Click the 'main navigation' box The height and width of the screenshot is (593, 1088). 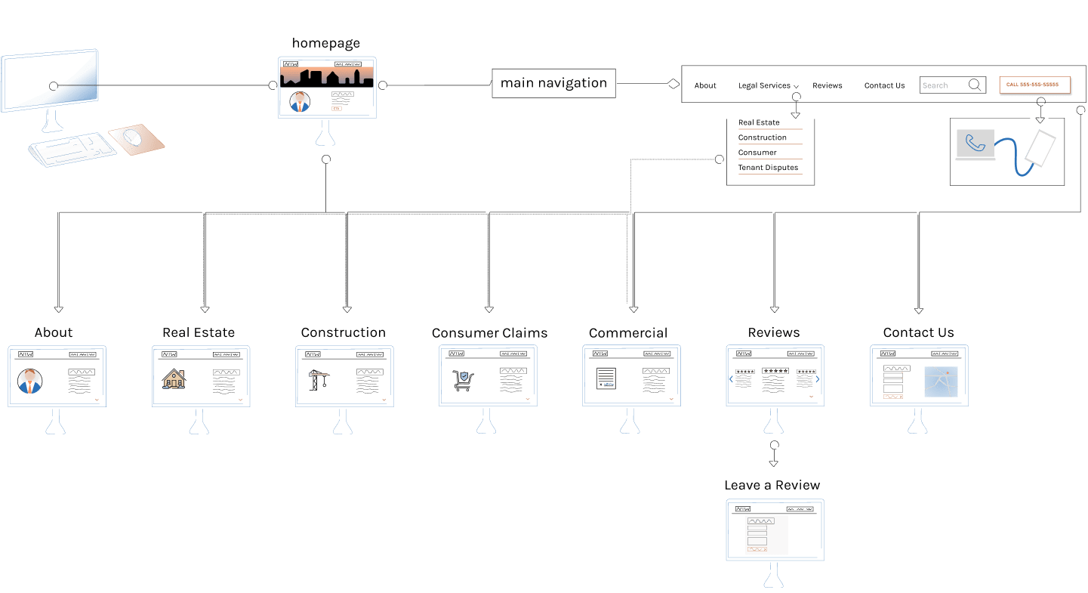click(x=553, y=83)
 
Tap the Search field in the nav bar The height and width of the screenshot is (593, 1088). click(x=944, y=85)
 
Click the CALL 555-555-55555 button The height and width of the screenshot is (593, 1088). click(x=1034, y=85)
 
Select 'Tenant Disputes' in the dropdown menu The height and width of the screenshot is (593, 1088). click(x=768, y=168)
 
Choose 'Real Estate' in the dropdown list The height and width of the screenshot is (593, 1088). click(x=759, y=122)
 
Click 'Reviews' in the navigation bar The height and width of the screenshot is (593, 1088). click(x=827, y=85)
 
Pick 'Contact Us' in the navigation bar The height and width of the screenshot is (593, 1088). click(x=884, y=85)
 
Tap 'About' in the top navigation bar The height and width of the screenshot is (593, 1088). click(x=705, y=85)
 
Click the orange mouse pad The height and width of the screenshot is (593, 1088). click(x=137, y=140)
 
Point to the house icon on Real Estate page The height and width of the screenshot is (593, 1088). click(x=174, y=378)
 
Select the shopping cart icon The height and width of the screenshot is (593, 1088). click(x=463, y=380)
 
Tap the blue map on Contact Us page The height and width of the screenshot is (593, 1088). click(x=941, y=381)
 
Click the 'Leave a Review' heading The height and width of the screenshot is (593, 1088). click(x=772, y=485)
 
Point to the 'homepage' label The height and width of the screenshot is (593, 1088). click(x=325, y=43)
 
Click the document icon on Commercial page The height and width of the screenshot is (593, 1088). click(x=606, y=378)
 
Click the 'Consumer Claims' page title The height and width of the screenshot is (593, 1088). click(x=489, y=333)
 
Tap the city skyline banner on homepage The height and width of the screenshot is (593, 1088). click(x=326, y=77)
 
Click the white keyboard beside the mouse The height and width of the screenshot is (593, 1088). click(x=73, y=149)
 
